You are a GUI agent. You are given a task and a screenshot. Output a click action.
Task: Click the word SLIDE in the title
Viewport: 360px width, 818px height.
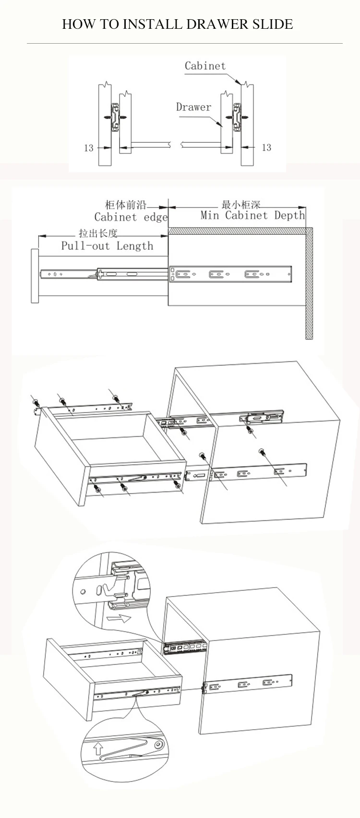[x=273, y=24]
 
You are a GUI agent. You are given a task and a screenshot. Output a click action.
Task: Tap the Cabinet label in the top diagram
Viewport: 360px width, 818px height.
[x=205, y=66]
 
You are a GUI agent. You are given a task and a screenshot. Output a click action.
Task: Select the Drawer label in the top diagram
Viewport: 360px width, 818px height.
[x=193, y=107]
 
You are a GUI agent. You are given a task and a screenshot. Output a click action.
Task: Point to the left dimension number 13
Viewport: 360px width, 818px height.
[x=89, y=148]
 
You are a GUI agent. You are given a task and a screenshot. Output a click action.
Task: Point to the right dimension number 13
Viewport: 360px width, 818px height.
[x=266, y=147]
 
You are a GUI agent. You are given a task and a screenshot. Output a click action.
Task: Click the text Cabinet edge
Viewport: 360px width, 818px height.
[x=131, y=217]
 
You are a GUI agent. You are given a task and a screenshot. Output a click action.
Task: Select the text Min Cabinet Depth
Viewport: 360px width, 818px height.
[x=252, y=216]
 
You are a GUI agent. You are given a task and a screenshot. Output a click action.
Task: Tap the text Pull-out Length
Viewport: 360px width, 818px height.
[x=107, y=246]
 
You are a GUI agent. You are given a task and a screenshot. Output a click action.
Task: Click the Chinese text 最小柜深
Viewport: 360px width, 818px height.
[x=241, y=204]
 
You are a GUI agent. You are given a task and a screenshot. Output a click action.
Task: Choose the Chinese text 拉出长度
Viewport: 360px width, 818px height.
[x=98, y=233]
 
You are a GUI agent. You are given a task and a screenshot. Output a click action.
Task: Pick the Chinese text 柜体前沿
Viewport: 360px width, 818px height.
[x=126, y=204]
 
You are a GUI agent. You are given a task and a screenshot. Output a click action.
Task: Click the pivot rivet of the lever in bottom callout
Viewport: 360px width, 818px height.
[x=158, y=744]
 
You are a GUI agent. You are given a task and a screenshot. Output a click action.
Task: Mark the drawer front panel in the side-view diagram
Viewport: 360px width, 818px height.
[x=35, y=276]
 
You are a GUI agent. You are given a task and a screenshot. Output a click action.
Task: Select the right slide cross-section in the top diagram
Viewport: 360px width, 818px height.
[x=237, y=117]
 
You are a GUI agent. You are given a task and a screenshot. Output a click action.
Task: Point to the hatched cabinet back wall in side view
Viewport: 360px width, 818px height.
[x=309, y=283]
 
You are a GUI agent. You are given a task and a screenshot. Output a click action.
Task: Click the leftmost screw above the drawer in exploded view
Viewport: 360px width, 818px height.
[x=36, y=401]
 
